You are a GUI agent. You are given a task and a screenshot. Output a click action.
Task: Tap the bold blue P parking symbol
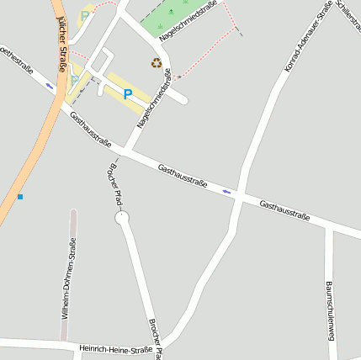click(x=128, y=95)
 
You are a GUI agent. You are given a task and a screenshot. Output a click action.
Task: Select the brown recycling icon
click(x=156, y=62)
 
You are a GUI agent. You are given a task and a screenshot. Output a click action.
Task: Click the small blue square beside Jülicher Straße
click(x=20, y=197)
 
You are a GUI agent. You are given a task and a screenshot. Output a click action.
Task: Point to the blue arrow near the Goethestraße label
click(x=50, y=85)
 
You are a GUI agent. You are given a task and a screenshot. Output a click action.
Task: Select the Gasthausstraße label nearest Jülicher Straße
click(x=91, y=129)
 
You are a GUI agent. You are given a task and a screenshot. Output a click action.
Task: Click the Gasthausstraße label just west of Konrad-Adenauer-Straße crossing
click(x=183, y=175)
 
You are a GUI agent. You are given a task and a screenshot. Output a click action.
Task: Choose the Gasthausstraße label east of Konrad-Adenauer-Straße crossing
click(x=284, y=211)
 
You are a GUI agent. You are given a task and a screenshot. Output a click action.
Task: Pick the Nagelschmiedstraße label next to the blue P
click(x=154, y=102)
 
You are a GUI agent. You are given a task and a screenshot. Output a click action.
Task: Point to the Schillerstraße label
click(x=348, y=15)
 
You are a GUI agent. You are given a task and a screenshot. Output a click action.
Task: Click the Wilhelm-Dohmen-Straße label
click(x=69, y=277)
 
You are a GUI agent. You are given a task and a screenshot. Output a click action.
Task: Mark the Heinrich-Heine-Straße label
click(x=115, y=348)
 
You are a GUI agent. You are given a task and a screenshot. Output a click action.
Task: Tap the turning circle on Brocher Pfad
click(x=123, y=219)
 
